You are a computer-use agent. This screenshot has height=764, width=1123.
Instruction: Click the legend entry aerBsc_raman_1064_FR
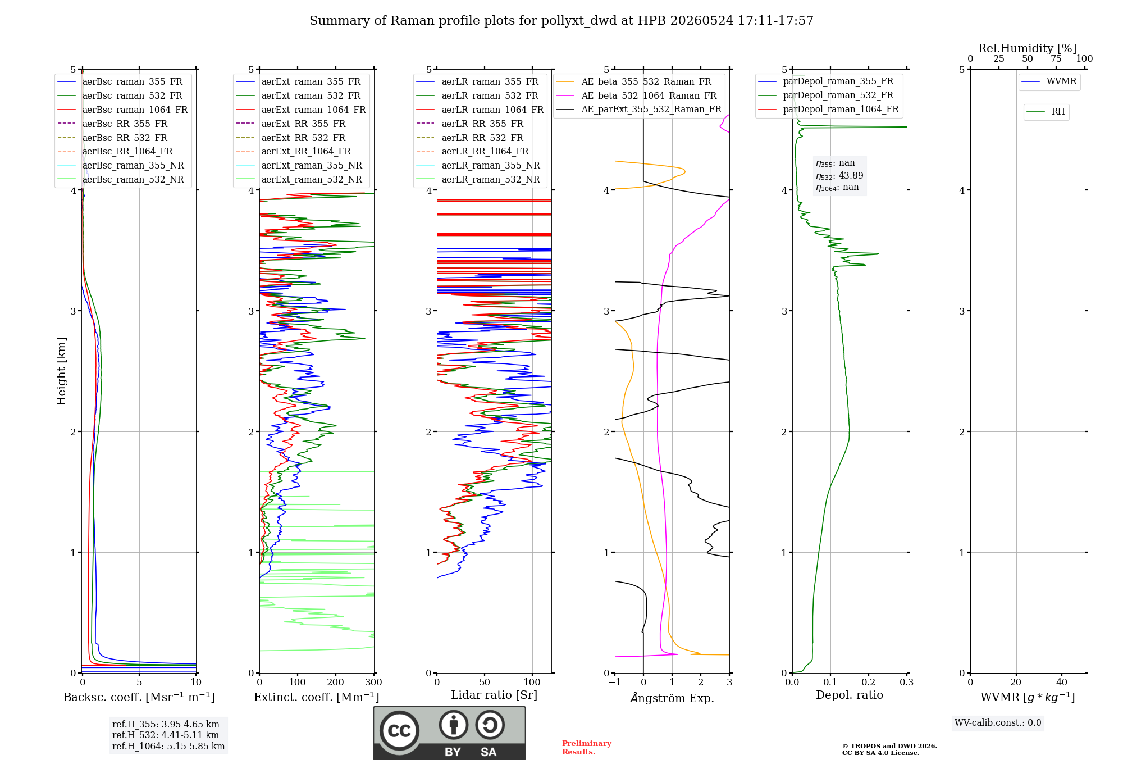[x=122, y=110]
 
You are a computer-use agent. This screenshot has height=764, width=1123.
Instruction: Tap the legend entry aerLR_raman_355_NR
[x=478, y=166]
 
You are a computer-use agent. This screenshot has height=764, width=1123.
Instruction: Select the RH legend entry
[x=1046, y=112]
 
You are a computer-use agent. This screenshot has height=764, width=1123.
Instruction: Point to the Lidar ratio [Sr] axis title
[x=494, y=695]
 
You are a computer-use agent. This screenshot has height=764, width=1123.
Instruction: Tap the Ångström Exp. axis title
[x=672, y=698]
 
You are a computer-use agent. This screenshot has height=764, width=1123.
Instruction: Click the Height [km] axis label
[x=61, y=371]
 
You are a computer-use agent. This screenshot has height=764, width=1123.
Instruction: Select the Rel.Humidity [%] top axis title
[x=1028, y=48]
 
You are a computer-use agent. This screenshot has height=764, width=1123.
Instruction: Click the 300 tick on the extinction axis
[x=373, y=683]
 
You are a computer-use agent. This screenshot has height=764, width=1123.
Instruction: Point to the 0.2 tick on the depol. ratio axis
[x=869, y=683]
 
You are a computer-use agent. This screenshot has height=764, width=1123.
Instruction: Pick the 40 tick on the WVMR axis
[x=1062, y=683]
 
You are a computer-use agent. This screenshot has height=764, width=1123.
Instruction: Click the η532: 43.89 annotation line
[x=839, y=176]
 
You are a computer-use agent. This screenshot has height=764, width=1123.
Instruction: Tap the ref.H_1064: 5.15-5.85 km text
[x=168, y=747]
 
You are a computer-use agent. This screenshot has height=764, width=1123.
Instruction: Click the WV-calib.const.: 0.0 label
[x=998, y=723]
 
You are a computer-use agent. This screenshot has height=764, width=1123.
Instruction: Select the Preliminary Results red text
[x=587, y=748]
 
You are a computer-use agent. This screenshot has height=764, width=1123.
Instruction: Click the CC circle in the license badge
[x=399, y=731]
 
